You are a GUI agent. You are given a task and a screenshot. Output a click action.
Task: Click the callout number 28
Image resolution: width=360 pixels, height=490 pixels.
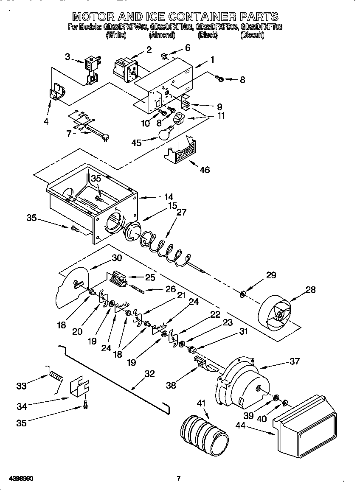coord(310,290)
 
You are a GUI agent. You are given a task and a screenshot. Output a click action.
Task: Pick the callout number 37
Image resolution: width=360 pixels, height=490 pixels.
coord(294,361)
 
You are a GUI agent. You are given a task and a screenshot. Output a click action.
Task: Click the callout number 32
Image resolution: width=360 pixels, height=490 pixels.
coord(149,374)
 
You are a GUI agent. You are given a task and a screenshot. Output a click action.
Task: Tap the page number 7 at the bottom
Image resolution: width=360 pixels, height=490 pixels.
coord(179,479)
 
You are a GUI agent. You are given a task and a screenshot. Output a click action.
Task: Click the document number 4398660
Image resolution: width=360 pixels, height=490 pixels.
coord(20,479)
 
